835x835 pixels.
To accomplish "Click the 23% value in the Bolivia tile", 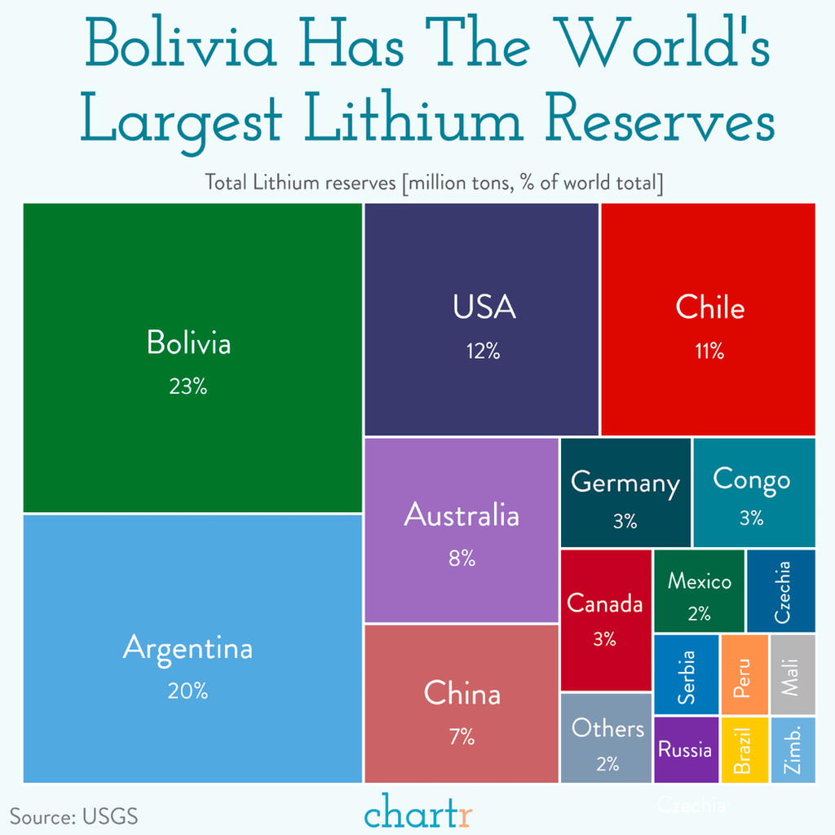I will pos(188,387).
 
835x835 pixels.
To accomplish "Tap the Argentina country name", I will pos(188,649).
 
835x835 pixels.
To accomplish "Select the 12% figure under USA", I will pos(483,351).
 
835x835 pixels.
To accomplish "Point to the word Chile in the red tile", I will pos(709,307).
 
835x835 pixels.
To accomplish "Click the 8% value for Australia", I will pos(462,559).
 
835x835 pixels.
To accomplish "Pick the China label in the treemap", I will pos(462,694).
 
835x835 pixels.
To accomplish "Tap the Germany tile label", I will pos(625,483).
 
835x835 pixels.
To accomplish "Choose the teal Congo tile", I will pos(753,493).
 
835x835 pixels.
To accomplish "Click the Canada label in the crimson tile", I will pos(605,604).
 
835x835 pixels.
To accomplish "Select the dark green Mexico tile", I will pos(700,590).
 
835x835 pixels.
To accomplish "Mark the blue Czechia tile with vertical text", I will pos(781,591).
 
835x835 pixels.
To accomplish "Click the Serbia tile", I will pos(687,675).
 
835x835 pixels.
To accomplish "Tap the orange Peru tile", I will pos(744,675).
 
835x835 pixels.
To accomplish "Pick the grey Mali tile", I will pos(793,675).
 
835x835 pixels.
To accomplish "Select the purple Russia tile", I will pos(686,749).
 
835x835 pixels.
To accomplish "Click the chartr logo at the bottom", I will pos(418,813).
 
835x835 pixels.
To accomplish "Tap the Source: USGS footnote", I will pos(74,816).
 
